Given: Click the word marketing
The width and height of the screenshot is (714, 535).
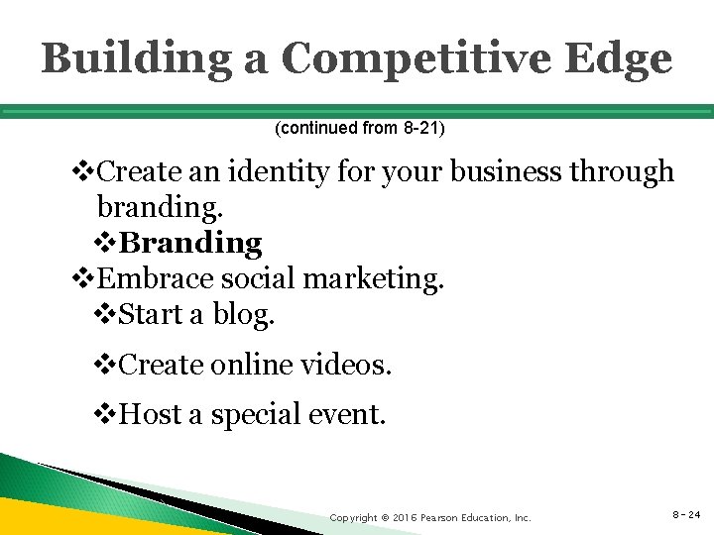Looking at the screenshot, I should point(372,278).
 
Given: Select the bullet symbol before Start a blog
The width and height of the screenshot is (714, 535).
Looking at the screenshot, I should point(107,315).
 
